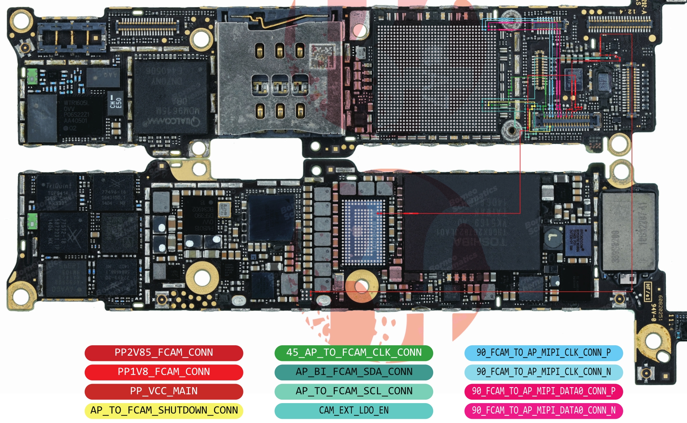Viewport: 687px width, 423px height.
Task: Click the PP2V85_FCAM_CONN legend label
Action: [164, 353]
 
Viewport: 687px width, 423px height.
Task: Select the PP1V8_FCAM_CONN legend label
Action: [164, 372]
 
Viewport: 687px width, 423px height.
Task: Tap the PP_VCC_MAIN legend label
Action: [164, 391]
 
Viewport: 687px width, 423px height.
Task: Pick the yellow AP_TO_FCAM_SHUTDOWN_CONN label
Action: [164, 410]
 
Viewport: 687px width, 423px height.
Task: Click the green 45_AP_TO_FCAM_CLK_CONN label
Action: [354, 353]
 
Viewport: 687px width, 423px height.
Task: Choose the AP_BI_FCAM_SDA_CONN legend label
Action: [354, 372]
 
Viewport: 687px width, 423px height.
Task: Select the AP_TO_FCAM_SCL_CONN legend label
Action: [354, 391]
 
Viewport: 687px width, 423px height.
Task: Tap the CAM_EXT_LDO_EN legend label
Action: [354, 410]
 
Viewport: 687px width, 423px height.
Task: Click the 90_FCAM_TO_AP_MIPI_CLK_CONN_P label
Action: [543, 353]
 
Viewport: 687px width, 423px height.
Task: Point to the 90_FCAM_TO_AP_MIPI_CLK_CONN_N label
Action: [543, 372]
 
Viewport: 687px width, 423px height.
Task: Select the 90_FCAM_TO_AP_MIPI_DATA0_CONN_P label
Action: [543, 391]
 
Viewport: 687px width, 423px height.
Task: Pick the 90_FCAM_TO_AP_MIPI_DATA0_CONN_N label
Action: [543, 410]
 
